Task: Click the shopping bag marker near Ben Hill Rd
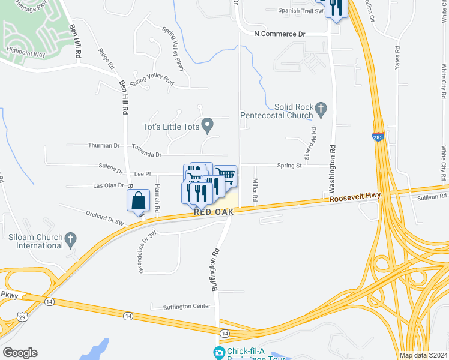pyautogui.click(x=139, y=200)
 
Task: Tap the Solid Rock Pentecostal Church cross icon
pyautogui.click(x=321, y=109)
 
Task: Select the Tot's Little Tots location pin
pyautogui.click(x=208, y=125)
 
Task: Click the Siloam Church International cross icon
pyautogui.click(x=70, y=239)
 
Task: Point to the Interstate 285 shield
pyautogui.click(x=378, y=137)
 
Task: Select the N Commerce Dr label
pyautogui.click(x=280, y=34)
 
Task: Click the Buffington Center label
pyautogui.click(x=188, y=306)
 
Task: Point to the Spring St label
pyautogui.click(x=289, y=165)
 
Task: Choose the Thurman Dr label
pyautogui.click(x=104, y=145)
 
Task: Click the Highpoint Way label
pyautogui.click(x=26, y=54)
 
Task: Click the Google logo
pyautogui.click(x=20, y=353)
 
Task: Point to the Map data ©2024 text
pyautogui.click(x=422, y=355)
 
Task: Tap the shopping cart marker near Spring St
pyautogui.click(x=226, y=175)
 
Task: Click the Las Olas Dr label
pyautogui.click(x=108, y=185)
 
